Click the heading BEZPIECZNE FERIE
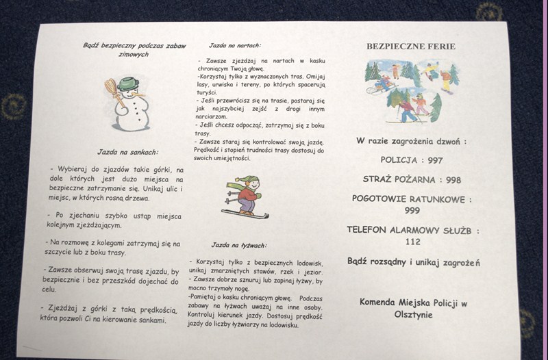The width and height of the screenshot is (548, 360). (411, 47)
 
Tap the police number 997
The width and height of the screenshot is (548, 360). (436, 161)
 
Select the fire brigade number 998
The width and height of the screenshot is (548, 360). (453, 180)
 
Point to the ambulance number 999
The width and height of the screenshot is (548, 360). (412, 211)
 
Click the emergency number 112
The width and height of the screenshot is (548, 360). (413, 242)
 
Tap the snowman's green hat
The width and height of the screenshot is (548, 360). (128, 83)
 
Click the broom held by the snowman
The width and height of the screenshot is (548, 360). (114, 92)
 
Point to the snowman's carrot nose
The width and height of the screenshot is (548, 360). (138, 94)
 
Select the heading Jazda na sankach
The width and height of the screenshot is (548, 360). (128, 152)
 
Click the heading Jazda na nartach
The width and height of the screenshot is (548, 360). (235, 46)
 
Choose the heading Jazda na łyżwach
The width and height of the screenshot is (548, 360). (239, 246)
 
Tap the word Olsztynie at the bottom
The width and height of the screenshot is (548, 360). (414, 315)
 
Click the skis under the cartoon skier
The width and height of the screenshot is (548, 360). (245, 214)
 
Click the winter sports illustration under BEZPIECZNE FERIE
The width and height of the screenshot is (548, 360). (412, 92)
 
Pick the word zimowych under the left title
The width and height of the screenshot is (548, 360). (134, 55)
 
